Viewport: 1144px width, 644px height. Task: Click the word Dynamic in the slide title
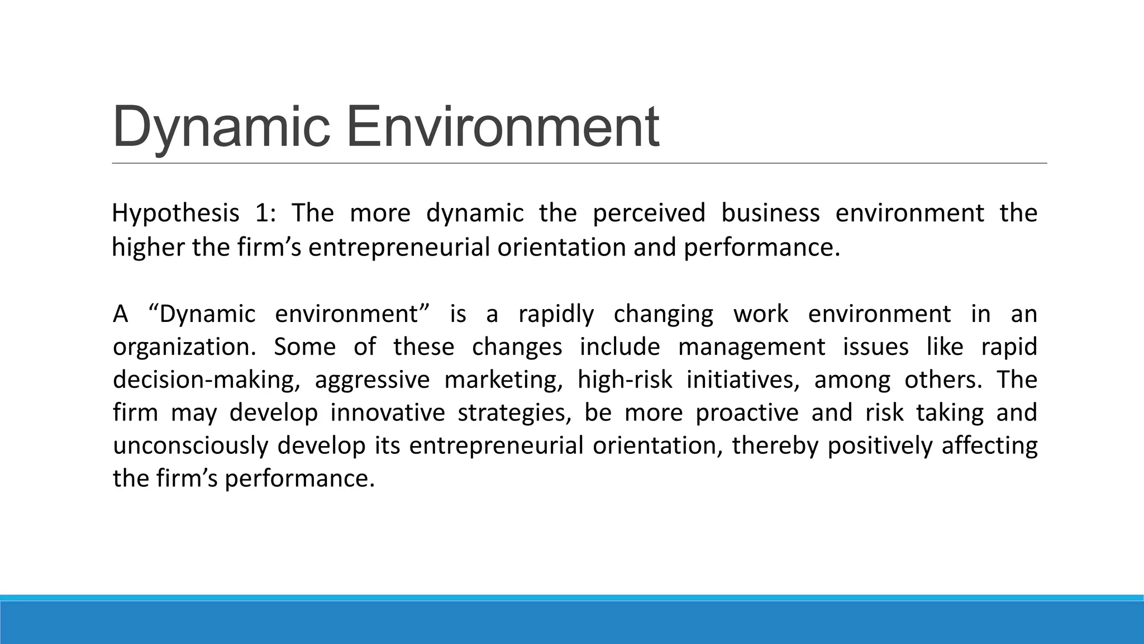(x=221, y=127)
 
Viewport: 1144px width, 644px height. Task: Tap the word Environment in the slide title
(x=503, y=127)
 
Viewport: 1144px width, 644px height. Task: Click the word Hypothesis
(x=175, y=214)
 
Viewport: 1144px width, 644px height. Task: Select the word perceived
(x=649, y=214)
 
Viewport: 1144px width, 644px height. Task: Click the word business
(x=770, y=214)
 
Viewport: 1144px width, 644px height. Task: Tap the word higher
(x=148, y=247)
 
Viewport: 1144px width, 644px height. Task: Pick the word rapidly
(x=556, y=314)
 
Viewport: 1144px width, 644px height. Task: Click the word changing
(x=664, y=314)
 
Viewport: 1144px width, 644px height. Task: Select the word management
(x=751, y=347)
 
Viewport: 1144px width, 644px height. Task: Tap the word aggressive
(x=372, y=380)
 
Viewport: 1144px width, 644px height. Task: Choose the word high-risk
(x=625, y=380)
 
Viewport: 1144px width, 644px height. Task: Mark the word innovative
(x=388, y=413)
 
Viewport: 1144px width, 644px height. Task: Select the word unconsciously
(x=191, y=446)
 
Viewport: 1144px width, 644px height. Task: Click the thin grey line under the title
(x=579, y=163)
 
